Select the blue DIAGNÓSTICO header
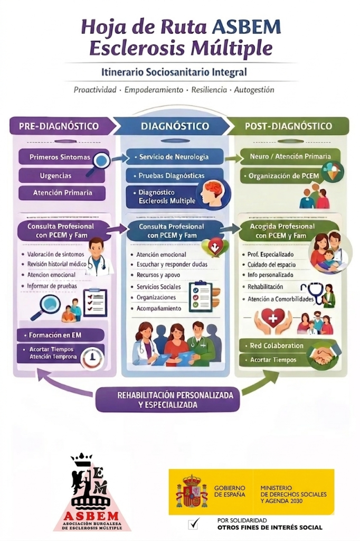(174, 126)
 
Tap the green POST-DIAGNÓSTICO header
(288, 126)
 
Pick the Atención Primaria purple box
(62, 193)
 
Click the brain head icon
(213, 193)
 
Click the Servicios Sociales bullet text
(158, 287)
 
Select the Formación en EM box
(61, 335)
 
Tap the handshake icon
(323, 355)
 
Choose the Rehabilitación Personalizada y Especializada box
(167, 400)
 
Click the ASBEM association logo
(92, 492)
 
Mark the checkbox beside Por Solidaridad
(193, 524)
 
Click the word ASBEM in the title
(247, 27)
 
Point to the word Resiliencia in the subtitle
(210, 90)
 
